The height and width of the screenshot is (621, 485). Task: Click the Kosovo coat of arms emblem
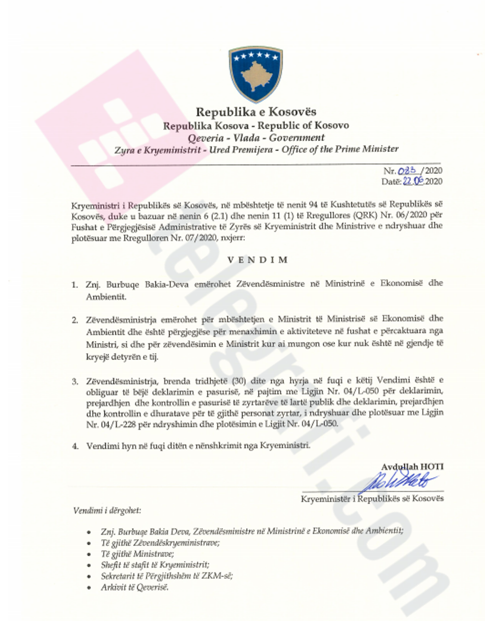click(255, 73)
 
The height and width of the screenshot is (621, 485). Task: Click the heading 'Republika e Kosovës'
click(256, 112)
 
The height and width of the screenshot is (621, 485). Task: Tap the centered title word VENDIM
click(257, 259)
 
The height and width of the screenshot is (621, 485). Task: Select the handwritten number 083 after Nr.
click(407, 171)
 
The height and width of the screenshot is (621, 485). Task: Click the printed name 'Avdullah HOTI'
click(412, 466)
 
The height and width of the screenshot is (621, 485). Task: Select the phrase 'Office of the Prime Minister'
click(340, 149)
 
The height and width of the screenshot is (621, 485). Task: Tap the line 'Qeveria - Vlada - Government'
click(256, 138)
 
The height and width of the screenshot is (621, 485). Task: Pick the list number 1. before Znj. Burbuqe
click(75, 285)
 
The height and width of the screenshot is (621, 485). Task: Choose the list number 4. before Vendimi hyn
click(75, 446)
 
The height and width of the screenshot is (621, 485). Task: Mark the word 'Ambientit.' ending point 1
click(106, 297)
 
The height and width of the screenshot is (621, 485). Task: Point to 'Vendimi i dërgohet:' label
click(106, 510)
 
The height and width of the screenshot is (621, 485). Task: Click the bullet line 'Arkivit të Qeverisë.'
click(135, 587)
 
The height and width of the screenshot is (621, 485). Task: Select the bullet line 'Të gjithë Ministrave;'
click(137, 554)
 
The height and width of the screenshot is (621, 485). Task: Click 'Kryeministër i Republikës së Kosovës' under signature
click(372, 498)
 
